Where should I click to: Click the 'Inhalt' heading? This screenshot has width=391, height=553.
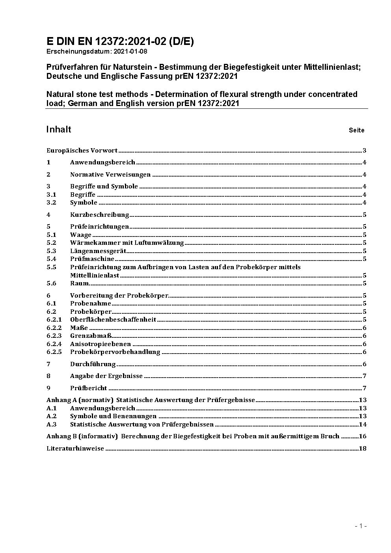click(x=59, y=130)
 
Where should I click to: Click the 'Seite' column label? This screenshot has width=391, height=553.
click(x=356, y=130)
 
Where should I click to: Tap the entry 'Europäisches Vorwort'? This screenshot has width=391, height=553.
click(x=82, y=151)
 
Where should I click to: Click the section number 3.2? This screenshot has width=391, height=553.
click(x=51, y=203)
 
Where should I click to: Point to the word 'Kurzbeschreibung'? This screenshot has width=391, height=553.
click(x=99, y=215)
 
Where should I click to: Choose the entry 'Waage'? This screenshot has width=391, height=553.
click(x=80, y=235)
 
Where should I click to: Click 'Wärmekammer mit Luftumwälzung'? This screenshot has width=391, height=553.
click(x=127, y=243)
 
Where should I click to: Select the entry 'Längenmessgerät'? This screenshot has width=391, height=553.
click(x=98, y=251)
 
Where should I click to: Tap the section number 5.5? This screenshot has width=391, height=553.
click(x=51, y=267)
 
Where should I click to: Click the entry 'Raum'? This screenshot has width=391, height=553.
click(x=79, y=283)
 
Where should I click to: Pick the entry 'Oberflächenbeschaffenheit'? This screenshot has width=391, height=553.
click(x=113, y=320)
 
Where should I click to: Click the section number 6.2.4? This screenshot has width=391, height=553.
click(x=54, y=344)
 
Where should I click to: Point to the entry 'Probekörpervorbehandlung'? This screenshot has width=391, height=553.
click(x=115, y=352)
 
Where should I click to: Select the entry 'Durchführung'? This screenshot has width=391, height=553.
click(x=93, y=364)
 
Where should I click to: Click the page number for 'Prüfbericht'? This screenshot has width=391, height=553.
click(x=365, y=388)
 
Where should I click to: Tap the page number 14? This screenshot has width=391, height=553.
click(x=363, y=425)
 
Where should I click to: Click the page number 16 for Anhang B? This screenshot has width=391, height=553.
click(x=363, y=436)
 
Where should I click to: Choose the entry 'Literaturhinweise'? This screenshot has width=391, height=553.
click(x=75, y=449)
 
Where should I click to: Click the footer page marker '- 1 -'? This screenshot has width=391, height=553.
click(x=361, y=526)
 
